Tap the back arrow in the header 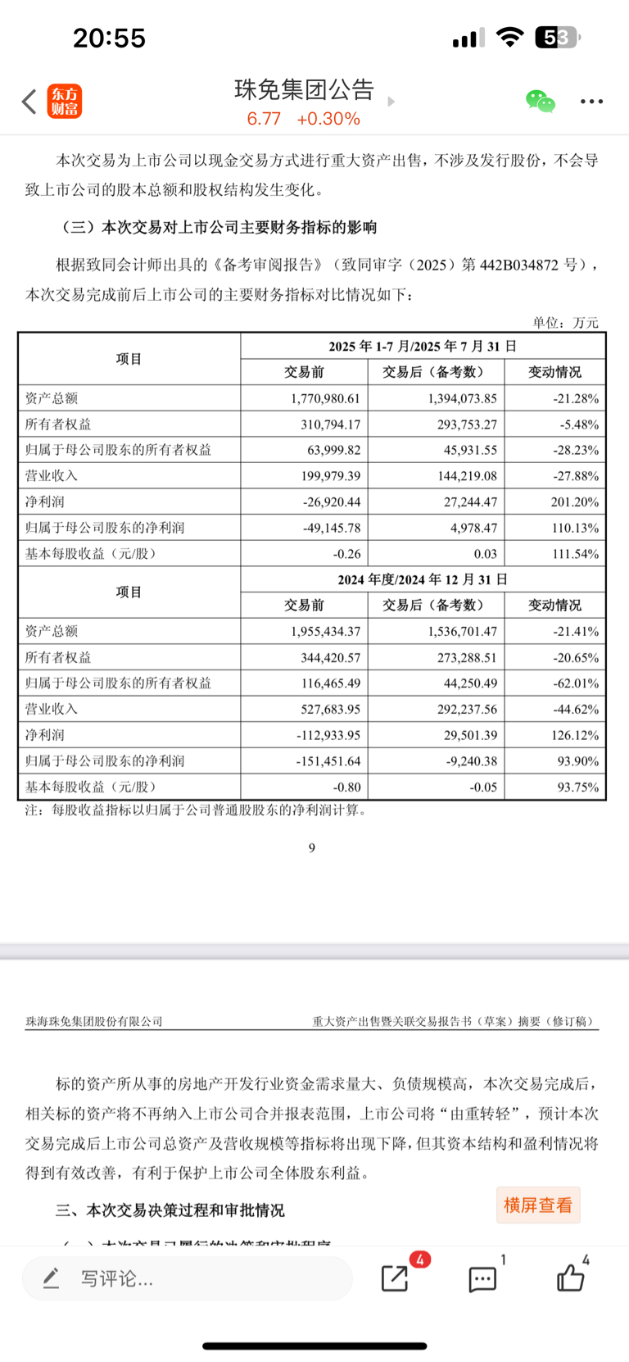coord(29,102)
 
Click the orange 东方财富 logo coord(65,102)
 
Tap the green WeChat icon coord(541,102)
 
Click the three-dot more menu coord(591,102)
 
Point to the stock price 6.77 coord(264,119)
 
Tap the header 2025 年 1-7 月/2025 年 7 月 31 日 coord(423,346)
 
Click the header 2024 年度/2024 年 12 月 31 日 coord(423,579)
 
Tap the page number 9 coord(311,848)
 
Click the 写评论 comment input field coord(187,1278)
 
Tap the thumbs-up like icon coord(570,1278)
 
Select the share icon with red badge coord(395,1278)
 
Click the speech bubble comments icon coord(482,1278)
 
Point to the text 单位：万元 coord(565,323)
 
